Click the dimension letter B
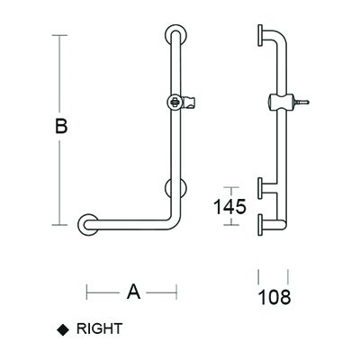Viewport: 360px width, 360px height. (61, 126)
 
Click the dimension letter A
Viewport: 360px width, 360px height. (133, 292)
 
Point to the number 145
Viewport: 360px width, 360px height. (229, 206)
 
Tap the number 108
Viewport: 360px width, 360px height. (274, 297)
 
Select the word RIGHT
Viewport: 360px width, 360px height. (99, 328)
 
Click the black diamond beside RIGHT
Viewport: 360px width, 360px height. (63, 330)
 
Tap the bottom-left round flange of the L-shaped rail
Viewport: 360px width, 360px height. (88, 225)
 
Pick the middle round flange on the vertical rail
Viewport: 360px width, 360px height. (176, 188)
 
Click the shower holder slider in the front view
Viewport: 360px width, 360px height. (182, 103)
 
